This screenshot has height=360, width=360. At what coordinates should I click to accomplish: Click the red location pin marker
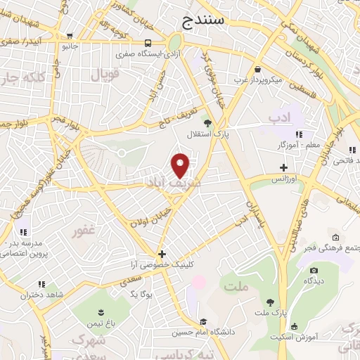[x=181, y=165]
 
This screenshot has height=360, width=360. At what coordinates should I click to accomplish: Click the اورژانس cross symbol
[x=283, y=168]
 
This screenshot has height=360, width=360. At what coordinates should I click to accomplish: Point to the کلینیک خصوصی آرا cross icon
[x=162, y=254]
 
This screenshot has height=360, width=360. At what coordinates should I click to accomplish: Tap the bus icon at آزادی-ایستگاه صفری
[x=148, y=42]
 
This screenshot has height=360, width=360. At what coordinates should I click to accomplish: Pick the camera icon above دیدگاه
[x=314, y=270]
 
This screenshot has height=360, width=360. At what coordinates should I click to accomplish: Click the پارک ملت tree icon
[x=270, y=302]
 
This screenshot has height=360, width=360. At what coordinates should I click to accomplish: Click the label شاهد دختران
[x=41, y=295]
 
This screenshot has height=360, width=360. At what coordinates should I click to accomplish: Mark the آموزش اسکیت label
[x=294, y=337]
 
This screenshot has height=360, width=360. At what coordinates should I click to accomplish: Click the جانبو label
[x=69, y=46]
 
